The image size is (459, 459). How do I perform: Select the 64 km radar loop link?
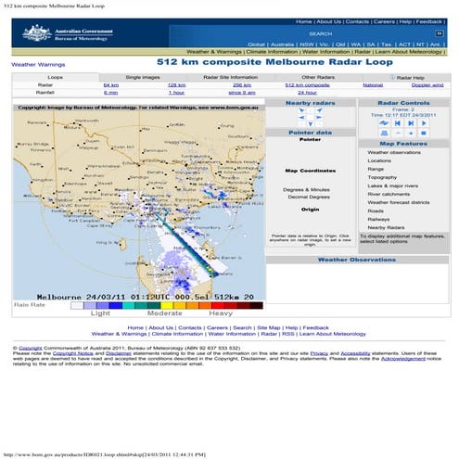(x=110, y=84)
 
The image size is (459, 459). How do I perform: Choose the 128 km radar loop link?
(x=176, y=84)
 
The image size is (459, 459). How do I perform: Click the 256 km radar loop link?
(x=241, y=84)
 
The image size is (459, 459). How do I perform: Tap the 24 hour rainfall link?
(x=306, y=93)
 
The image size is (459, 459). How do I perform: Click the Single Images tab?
(x=143, y=77)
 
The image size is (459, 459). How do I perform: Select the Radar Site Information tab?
(x=230, y=77)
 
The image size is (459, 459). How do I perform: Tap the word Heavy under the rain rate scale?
(x=233, y=313)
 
